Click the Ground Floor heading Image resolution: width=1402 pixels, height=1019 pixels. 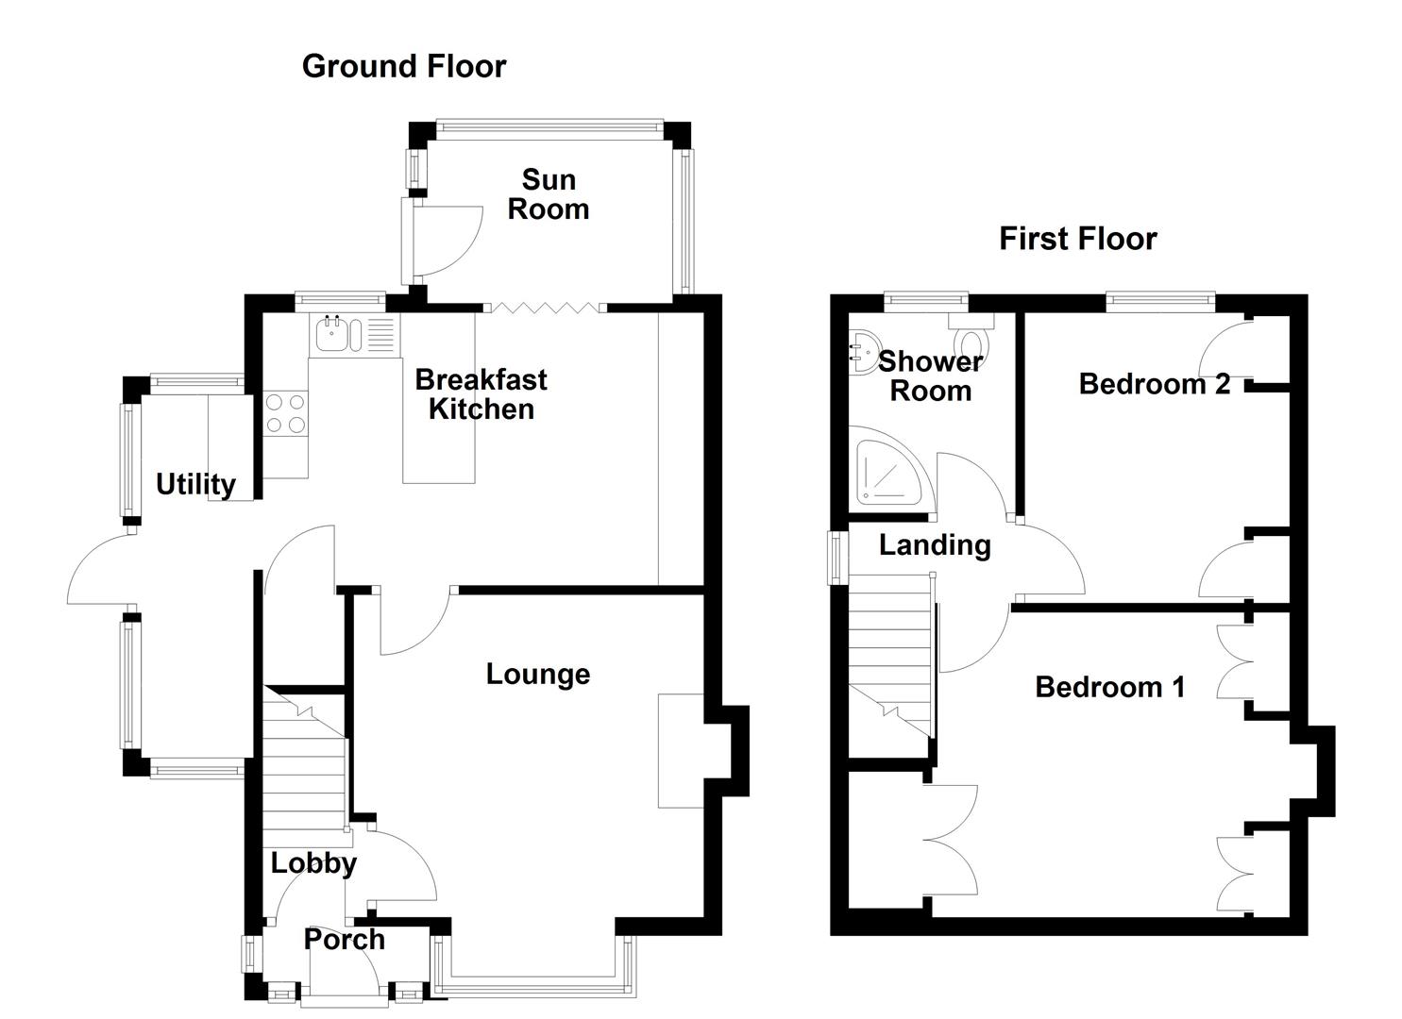point(404,66)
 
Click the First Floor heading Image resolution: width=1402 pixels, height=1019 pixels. point(1077,239)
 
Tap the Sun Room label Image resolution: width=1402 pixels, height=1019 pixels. point(549,194)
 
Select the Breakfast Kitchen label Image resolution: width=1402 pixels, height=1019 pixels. point(481,394)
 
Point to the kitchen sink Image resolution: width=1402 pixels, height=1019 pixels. point(333,335)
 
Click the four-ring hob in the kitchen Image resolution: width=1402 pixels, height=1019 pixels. point(285,412)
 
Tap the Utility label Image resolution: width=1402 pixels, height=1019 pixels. point(195,484)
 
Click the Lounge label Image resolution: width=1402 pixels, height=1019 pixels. point(538,674)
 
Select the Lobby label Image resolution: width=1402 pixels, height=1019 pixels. point(313,863)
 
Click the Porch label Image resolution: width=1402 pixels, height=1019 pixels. point(345,940)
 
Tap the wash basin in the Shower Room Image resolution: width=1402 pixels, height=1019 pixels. point(862,352)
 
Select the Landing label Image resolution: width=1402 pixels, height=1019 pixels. point(935,545)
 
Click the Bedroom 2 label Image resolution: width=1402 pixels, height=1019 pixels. point(1155,384)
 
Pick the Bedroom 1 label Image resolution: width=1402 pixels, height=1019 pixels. point(1109,687)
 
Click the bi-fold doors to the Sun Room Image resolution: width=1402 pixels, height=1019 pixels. point(547,307)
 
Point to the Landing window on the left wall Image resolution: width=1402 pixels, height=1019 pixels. point(836,558)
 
